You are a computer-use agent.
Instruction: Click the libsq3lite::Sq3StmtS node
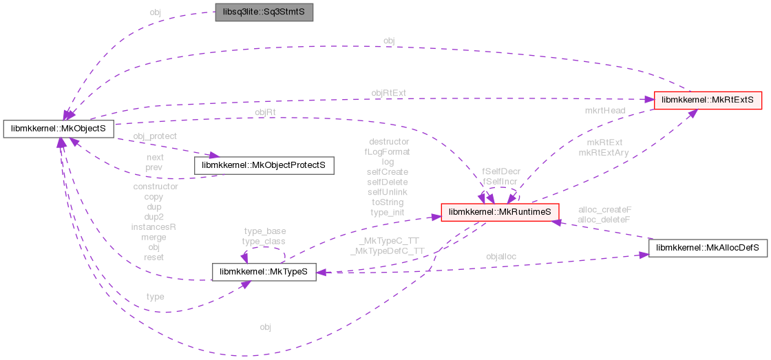click(264, 13)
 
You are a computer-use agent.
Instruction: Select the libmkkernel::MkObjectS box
click(58, 128)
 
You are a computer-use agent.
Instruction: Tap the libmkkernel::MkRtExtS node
click(708, 100)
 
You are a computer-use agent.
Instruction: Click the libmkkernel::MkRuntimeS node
click(500, 213)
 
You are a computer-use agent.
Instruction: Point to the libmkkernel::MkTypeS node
click(264, 272)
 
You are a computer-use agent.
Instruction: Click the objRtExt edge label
click(389, 93)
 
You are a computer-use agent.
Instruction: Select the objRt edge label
click(266, 112)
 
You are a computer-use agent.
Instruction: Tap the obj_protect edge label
click(155, 136)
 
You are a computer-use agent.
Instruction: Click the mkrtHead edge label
click(605, 109)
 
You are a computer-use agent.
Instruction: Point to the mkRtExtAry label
click(604, 153)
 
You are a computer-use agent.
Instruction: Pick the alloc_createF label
click(605, 209)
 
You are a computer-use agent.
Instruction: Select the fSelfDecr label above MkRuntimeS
click(501, 171)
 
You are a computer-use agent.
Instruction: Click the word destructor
click(389, 142)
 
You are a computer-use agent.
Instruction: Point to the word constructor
click(155, 187)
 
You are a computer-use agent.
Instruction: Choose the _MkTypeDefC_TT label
click(387, 251)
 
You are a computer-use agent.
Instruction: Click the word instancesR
click(155, 226)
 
